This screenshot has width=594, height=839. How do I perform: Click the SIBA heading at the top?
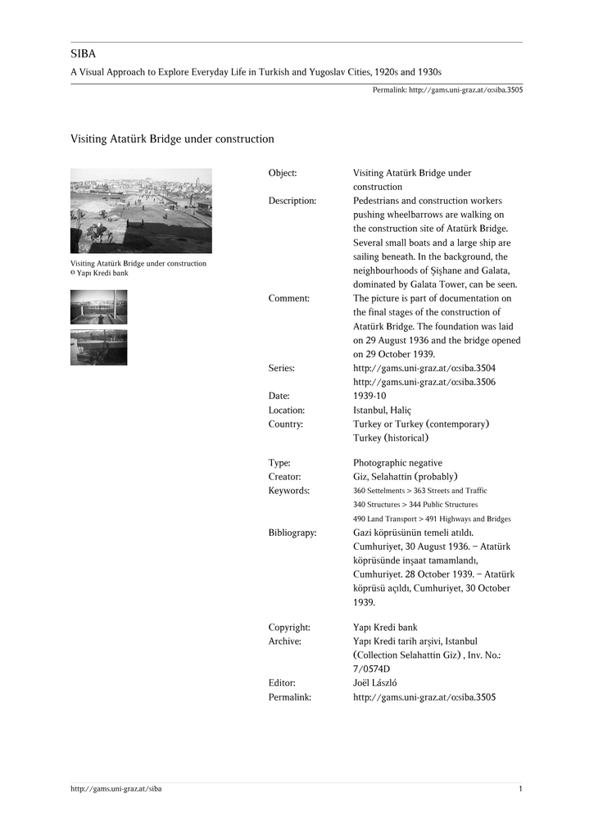84,54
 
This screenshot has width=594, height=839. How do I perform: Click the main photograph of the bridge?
141,211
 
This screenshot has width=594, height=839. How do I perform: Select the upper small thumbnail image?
98,307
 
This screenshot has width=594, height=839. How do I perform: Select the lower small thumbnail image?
98,347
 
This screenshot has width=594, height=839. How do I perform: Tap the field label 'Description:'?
292,201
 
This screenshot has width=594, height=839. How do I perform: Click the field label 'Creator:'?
284,476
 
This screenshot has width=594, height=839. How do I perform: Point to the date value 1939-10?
370,396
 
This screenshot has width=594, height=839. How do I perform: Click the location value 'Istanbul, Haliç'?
383,410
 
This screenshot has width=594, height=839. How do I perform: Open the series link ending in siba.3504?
424,368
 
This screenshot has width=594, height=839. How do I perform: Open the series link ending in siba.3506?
424,382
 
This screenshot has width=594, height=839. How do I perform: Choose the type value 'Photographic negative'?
397,463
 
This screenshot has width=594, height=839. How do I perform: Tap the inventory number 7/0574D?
371,669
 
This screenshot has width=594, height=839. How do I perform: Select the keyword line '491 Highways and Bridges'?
432,519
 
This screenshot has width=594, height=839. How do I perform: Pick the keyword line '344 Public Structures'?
415,505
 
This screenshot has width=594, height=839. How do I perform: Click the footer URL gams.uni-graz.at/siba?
116,789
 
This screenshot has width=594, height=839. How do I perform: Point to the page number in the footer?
520,789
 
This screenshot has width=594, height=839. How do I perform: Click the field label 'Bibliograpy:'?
292,533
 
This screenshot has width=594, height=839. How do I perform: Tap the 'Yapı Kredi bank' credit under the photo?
102,273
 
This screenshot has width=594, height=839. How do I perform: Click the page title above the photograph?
172,139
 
